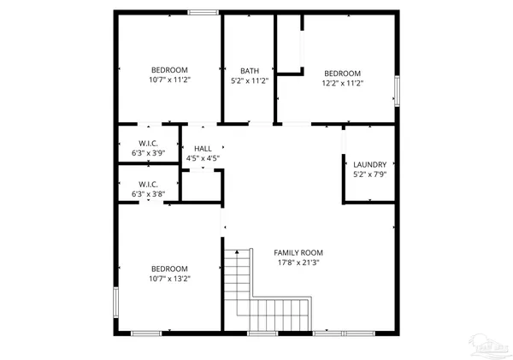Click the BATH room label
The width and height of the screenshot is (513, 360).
pos(250,71)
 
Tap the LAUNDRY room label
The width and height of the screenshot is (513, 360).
pos(370,164)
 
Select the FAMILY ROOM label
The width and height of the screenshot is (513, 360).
pos(298,253)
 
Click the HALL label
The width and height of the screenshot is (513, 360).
pos(203,149)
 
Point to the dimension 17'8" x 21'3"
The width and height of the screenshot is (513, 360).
pos(298,263)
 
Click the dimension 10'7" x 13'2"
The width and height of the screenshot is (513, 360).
pos(169,277)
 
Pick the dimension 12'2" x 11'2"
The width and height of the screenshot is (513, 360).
pos(342,83)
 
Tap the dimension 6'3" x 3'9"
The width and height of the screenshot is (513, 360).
pos(149,153)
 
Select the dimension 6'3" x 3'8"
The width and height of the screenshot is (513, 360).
pos(149,194)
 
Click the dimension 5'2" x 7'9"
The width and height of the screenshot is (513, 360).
pos(370,174)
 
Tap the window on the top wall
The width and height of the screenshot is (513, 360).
pos(203,11)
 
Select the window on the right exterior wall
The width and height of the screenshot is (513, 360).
pos(397,90)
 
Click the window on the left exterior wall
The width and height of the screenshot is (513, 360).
pos(115,304)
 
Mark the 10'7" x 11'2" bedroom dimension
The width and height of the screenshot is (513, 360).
pos(169,80)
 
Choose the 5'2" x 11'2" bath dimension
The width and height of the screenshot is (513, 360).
pos(250,81)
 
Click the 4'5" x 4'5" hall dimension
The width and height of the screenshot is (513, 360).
pos(203,158)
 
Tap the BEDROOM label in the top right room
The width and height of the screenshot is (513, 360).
pos(342,74)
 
